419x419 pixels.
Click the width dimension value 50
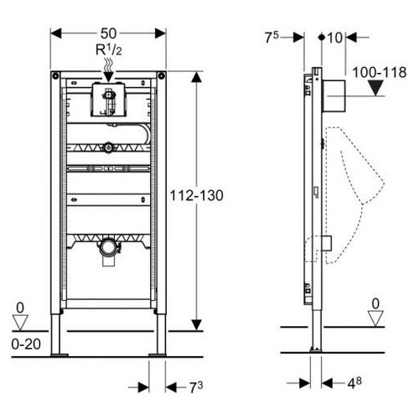pos(108,34)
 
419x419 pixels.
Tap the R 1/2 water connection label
pos(109,49)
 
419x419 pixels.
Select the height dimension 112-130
pos(197,195)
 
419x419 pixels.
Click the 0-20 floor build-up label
pos(26,344)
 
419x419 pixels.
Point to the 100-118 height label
pos(380,72)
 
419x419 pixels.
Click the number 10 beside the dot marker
pos(334,38)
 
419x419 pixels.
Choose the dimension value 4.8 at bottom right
pos(354,383)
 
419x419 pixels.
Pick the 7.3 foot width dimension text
pos(196,387)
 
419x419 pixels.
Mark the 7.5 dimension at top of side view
pos(272,38)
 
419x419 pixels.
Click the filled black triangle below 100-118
pos(375,88)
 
